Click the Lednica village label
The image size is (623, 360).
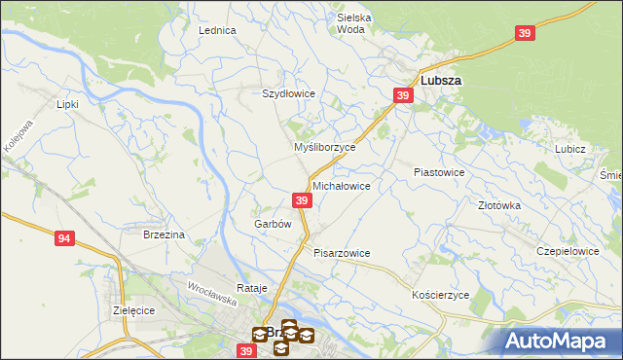point(218,30)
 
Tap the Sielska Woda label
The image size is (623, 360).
point(350,23)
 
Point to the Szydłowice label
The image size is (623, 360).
point(288,93)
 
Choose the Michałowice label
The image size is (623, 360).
point(341,185)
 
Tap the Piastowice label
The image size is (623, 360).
point(439,171)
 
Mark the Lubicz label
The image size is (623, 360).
point(569,149)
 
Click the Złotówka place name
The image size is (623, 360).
point(499,205)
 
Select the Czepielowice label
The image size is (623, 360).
point(568,250)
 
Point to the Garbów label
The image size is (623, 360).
point(274,224)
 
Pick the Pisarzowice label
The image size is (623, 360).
point(342,253)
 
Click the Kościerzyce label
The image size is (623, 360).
point(441,294)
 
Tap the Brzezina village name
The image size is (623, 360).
point(164,234)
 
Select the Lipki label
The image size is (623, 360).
point(67,103)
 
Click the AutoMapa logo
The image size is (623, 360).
point(559,340)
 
